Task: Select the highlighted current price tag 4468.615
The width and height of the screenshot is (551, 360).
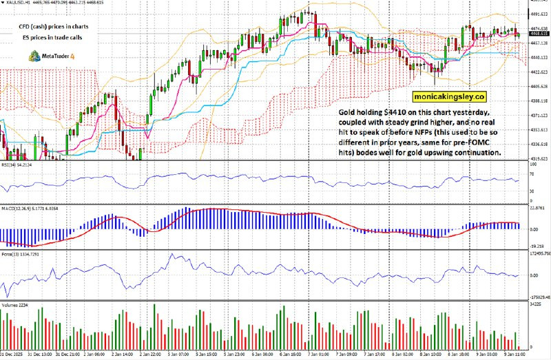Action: coord(539,33)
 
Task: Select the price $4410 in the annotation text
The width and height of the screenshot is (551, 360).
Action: coord(397,112)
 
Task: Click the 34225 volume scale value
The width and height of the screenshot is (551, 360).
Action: coord(537,304)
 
